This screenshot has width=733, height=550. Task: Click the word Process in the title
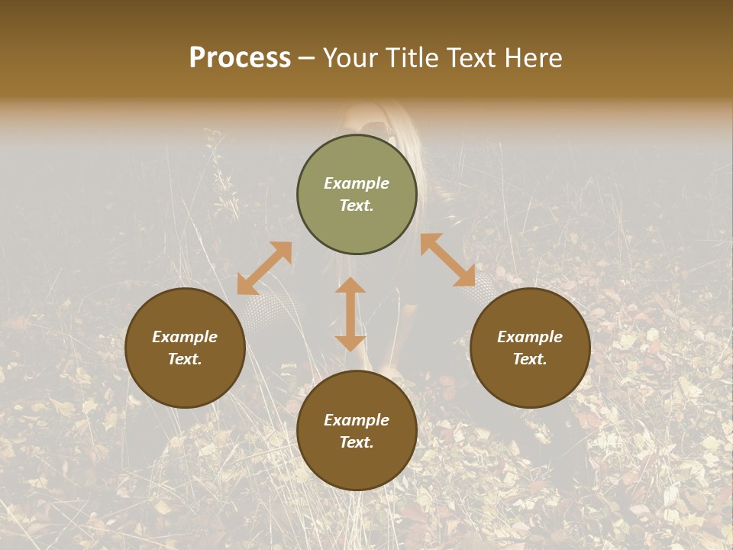[240, 58]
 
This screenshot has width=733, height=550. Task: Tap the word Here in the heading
[534, 58]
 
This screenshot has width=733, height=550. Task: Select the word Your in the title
[352, 58]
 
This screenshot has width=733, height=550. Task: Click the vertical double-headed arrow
[350, 314]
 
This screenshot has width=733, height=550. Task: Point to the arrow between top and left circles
[264, 268]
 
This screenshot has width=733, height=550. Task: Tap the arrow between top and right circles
[447, 260]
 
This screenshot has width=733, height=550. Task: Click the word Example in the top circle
[357, 183]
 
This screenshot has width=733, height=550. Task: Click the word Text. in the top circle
[357, 205]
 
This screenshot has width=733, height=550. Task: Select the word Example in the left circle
[185, 337]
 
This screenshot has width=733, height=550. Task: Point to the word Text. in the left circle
[185, 359]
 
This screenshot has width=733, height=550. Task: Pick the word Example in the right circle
[530, 337]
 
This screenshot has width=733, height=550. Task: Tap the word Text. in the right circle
[530, 359]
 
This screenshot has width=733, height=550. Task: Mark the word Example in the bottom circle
[357, 420]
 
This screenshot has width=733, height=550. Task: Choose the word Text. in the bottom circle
[357, 442]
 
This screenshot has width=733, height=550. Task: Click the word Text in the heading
[473, 58]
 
